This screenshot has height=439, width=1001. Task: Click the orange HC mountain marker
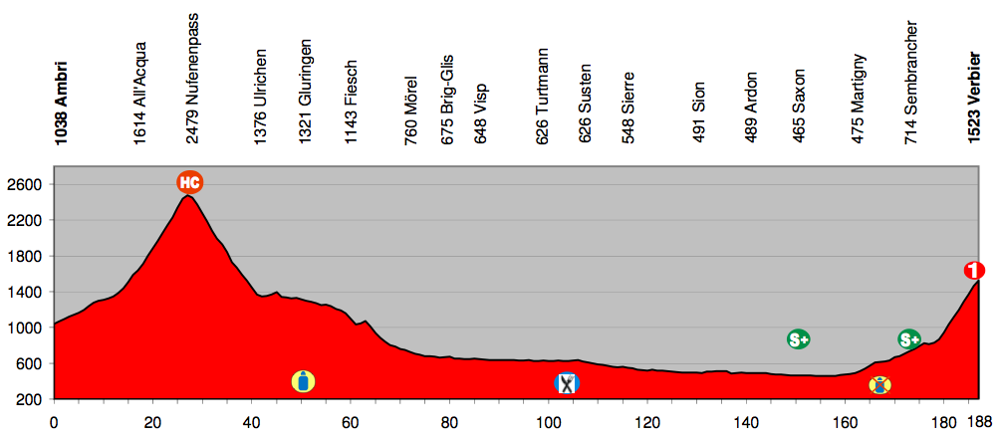pos(190,182)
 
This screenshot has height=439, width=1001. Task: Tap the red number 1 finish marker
pos(974,270)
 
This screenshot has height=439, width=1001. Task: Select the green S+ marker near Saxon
pos(798,339)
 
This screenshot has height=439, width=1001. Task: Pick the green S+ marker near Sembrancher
pos(908,339)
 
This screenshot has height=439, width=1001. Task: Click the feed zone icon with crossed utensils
pos(567,383)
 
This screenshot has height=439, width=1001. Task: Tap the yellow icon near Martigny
pos(879,384)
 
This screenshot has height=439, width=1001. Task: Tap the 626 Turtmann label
pos(542,98)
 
